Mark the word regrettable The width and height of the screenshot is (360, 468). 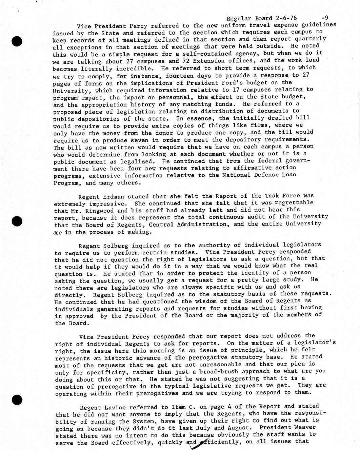[294, 203]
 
